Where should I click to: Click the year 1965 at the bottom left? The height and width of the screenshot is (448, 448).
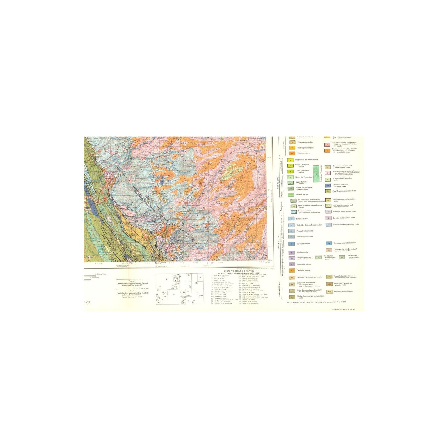tap(87, 302)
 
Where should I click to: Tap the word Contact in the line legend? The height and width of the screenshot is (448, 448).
tap(132, 281)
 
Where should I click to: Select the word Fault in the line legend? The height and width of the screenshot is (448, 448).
tap(132, 291)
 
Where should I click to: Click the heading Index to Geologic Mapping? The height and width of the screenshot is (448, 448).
tap(239, 271)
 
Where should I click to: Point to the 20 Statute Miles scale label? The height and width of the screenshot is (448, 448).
tap(101, 274)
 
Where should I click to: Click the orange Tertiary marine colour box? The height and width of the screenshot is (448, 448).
tap(291, 153)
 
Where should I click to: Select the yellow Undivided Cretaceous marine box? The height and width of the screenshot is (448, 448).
tap(291, 160)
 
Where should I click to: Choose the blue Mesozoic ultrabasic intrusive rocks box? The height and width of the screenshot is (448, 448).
tap(328, 185)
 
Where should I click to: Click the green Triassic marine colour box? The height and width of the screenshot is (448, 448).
tap(291, 194)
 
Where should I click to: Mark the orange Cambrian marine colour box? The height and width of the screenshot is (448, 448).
tap(291, 270)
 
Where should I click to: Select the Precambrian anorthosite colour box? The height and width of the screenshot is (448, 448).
tap(329, 291)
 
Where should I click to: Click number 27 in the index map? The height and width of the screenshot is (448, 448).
tap(197, 293)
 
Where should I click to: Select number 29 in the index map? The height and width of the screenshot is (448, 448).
tap(165, 296)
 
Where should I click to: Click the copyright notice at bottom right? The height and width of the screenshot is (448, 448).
tap(344, 309)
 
